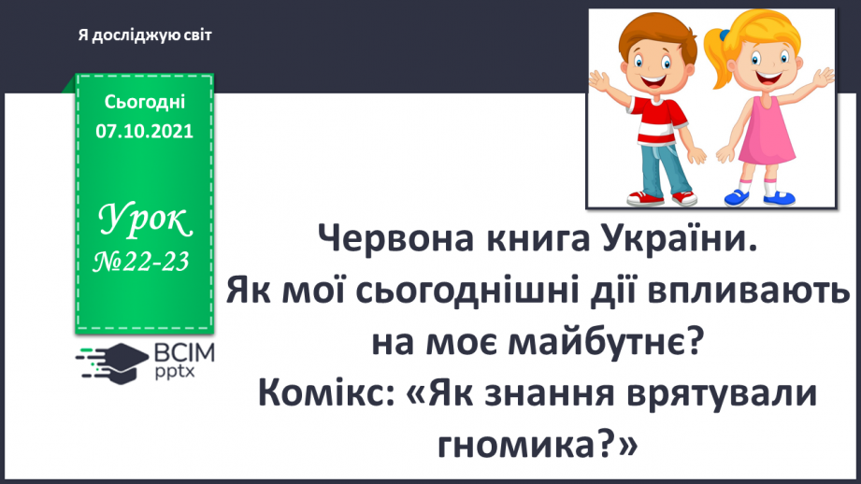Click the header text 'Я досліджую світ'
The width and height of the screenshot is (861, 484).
pyautogui.click(x=146, y=36)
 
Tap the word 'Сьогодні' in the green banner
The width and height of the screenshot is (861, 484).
pyautogui.click(x=144, y=102)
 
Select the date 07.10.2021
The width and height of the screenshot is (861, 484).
pyautogui.click(x=144, y=131)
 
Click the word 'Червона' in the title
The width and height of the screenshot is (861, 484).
pyautogui.click(x=387, y=246)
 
